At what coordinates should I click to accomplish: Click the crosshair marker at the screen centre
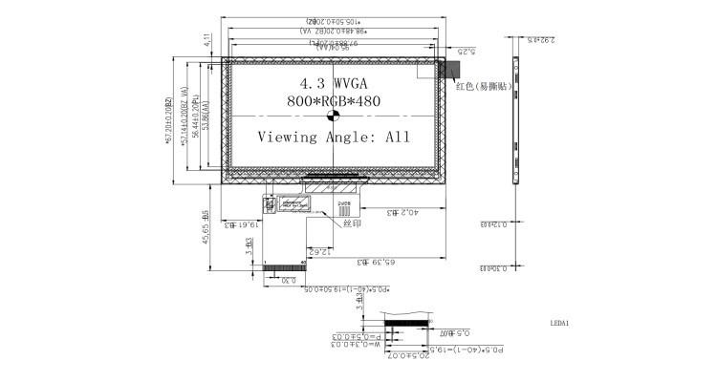pos(335,117)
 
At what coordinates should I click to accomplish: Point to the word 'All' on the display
pos(397,137)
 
